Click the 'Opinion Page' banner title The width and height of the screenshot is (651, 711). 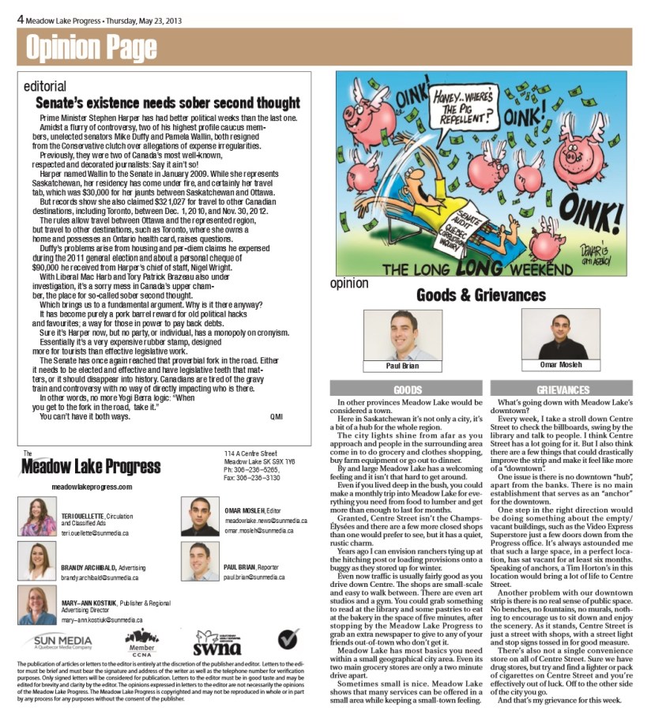[91, 49]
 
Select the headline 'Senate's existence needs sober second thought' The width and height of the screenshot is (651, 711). [167, 103]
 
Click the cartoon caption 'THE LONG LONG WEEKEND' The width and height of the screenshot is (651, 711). [464, 269]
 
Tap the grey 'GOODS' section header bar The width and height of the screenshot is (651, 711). [407, 389]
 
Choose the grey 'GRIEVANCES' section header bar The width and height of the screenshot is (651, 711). [563, 389]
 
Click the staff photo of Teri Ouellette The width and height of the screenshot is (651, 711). [39, 517]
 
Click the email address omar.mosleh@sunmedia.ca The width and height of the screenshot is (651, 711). [260, 531]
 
